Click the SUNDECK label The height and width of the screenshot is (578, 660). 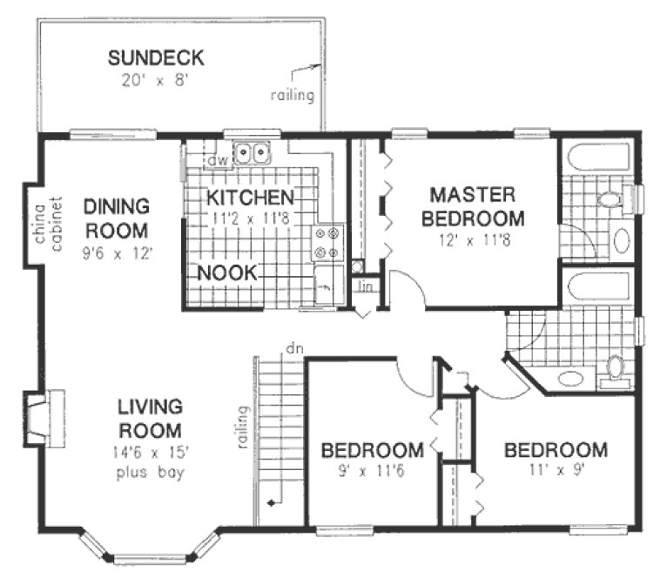click(156, 58)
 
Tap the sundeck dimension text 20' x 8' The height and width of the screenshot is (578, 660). click(156, 80)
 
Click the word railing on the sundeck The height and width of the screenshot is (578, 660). click(292, 96)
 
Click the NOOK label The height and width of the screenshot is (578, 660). click(226, 272)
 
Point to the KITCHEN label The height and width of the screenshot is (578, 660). click(250, 197)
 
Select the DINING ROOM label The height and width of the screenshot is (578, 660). click(117, 219)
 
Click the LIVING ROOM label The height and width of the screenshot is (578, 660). click(151, 418)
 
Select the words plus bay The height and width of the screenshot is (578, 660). click(151, 473)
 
